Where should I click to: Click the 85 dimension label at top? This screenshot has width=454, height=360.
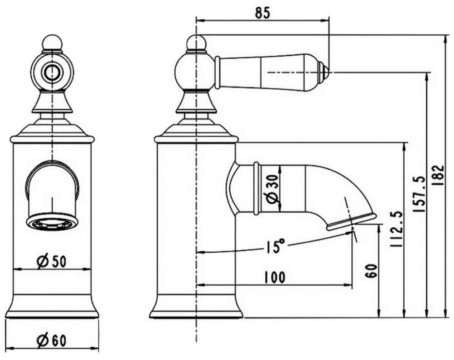coord(262,13)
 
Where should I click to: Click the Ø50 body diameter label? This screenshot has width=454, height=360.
coord(52,261)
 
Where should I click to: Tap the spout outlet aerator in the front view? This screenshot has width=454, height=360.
coord(51,223)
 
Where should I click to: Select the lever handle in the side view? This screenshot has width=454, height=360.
coord(267,72)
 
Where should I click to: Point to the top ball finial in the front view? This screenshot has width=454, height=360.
coord(52,43)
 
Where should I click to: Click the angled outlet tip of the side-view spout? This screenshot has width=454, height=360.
coord(352,221)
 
